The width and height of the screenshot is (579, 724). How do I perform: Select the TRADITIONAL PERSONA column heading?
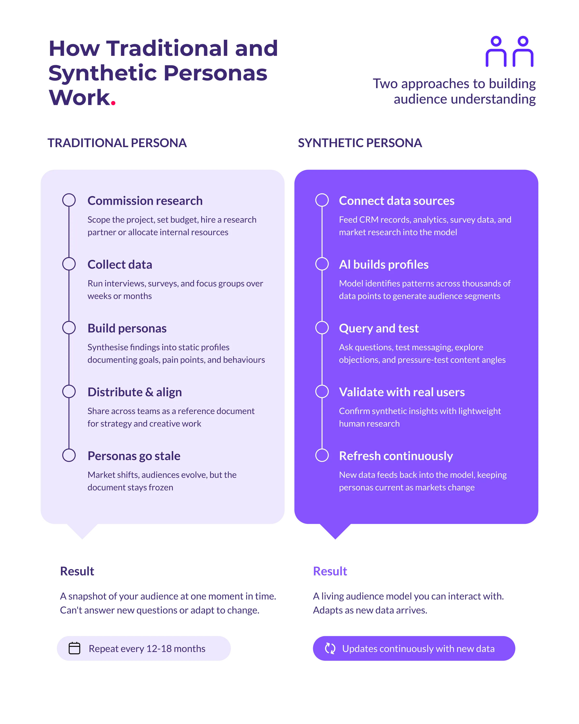point(117,143)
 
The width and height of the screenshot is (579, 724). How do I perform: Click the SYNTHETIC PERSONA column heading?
point(360,143)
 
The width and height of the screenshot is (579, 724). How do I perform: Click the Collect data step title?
point(120,264)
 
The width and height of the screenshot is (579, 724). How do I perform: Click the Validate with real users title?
point(402,392)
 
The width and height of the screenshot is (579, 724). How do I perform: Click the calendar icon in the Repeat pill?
point(74,648)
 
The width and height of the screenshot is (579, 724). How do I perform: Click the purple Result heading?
point(330,571)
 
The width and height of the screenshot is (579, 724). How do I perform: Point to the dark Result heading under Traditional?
point(77,571)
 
